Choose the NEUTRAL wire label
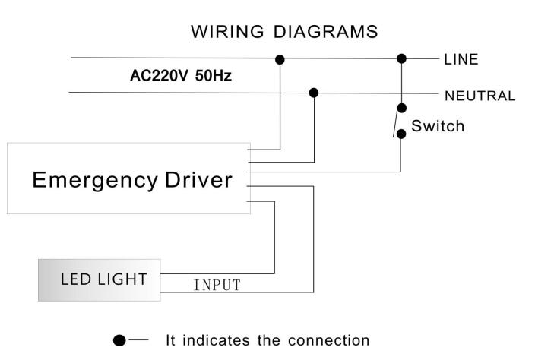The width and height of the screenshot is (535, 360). coord(480,96)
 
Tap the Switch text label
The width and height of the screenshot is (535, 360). coord(437,126)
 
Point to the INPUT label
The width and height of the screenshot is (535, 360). coord(217,286)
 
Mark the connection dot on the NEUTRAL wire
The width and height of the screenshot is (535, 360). coord(314,93)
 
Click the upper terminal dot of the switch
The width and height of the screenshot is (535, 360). coord(402,108)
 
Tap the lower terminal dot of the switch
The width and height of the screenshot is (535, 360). coord(401,133)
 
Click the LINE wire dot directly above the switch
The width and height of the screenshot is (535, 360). coord(402,58)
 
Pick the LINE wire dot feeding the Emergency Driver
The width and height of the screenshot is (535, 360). coord(280,58)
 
